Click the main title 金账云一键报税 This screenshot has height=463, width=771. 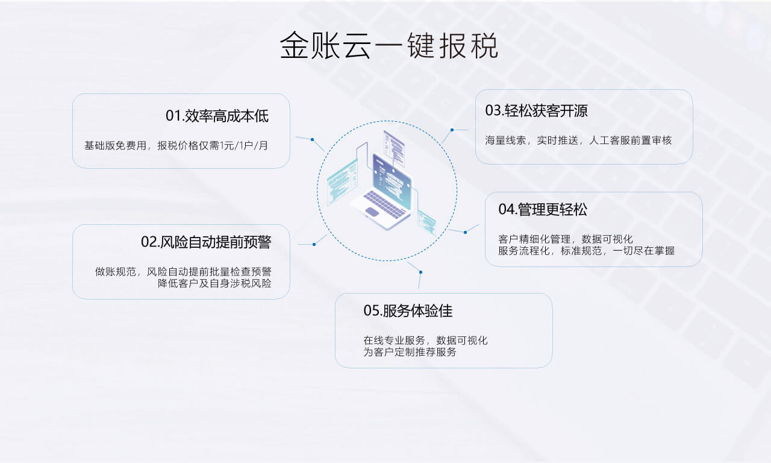pos(389,45)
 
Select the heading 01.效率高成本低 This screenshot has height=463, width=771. pos(217,116)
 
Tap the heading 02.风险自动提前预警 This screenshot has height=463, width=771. pos(206,242)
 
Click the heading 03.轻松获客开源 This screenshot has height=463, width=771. pos(536,110)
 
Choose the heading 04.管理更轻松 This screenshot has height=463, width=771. pos(543,209)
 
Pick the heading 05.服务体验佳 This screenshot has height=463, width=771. pos(408,310)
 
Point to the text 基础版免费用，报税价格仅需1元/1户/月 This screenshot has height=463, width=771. pos(176,145)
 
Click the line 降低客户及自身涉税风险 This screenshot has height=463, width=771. pos(214,283)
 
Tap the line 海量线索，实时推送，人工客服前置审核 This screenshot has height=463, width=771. pos(579,140)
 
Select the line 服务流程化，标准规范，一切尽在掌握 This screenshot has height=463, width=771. pos(586,251)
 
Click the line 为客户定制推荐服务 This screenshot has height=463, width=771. pos(410,352)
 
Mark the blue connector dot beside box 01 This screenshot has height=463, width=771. pos(312,139)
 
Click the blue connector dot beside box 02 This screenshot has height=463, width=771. pos(314,244)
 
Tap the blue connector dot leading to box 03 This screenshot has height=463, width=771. pos(452,130)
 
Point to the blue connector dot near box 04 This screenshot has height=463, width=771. pos(465,232)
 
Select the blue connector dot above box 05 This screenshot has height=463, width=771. pos(420,272)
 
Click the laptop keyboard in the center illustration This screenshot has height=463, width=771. pos(384,204)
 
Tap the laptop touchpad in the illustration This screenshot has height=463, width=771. pos(372,212)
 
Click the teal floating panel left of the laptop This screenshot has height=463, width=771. pos(342,182)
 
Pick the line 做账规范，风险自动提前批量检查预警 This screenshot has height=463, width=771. pos(183,272)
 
